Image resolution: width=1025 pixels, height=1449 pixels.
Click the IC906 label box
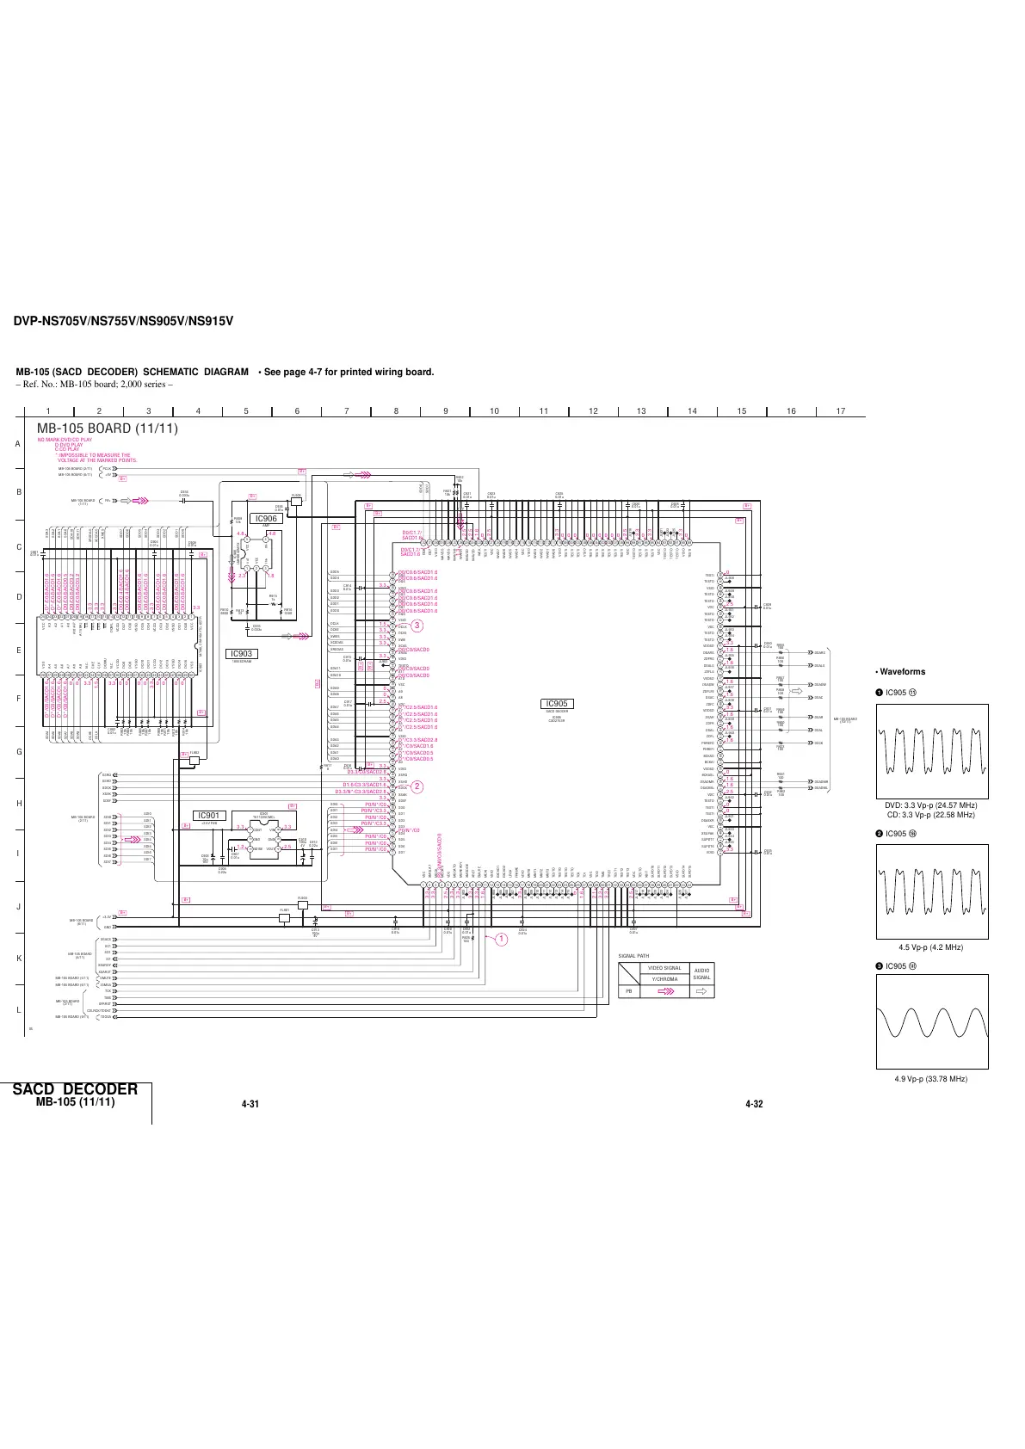[x=266, y=519]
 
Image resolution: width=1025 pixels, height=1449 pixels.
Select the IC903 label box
[x=241, y=654]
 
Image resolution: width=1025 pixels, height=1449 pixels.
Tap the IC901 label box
[x=209, y=816]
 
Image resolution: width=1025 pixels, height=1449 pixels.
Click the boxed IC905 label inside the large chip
[x=557, y=704]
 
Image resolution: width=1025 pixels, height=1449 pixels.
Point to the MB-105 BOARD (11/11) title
[x=108, y=429]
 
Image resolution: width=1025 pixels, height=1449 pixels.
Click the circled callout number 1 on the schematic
[x=498, y=940]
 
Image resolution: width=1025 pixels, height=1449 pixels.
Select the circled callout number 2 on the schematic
[x=417, y=786]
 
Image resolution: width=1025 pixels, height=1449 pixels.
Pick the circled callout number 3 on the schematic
[x=417, y=625]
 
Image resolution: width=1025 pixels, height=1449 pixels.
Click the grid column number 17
[x=841, y=411]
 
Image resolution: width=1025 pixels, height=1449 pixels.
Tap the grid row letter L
[x=18, y=1010]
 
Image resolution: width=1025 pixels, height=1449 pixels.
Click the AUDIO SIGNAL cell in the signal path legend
[x=702, y=973]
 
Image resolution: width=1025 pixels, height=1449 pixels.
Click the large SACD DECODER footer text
[x=76, y=1089]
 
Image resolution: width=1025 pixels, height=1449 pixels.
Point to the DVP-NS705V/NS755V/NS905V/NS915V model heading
[x=123, y=322]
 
